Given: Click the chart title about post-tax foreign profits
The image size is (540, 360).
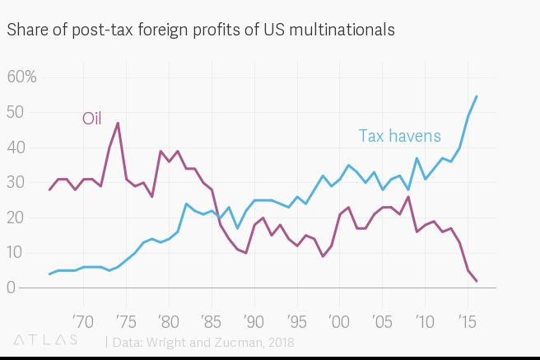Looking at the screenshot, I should (x=201, y=30).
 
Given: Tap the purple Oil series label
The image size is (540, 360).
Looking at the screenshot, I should (x=91, y=119).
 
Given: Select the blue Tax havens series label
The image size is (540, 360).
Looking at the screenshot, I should (x=399, y=136).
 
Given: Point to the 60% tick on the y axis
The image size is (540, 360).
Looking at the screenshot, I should (x=21, y=77).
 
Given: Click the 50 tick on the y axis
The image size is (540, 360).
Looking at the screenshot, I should (x=16, y=112).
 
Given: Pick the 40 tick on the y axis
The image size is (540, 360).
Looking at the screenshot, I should (x=16, y=147).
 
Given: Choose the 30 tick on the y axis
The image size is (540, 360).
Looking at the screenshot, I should (x=16, y=183).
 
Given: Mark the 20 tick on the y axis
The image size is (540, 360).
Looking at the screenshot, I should (x=16, y=217).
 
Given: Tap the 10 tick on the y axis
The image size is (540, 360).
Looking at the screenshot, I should (x=16, y=253).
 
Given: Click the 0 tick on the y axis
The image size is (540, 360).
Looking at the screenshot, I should (x=12, y=288).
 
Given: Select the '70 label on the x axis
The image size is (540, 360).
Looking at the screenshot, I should (x=82, y=319).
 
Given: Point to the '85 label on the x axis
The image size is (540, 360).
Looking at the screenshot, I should (x=210, y=319).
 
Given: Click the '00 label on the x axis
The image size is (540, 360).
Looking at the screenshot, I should (x=338, y=319).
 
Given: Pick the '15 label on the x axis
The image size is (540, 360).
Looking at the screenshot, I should (x=467, y=319).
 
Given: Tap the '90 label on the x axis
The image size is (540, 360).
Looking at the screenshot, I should (x=253, y=319).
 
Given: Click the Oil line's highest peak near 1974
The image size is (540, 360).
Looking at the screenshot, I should (x=118, y=123).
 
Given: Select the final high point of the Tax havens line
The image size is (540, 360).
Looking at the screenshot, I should (x=477, y=96).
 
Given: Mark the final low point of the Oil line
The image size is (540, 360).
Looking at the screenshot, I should (x=477, y=281).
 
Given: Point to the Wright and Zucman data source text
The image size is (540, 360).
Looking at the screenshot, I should (x=202, y=341).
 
